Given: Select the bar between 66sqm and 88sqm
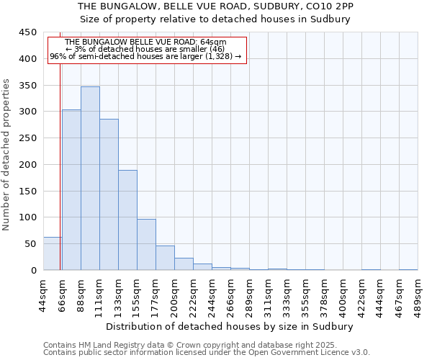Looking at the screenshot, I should (x=71, y=190).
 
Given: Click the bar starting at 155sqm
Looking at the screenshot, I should (x=146, y=245).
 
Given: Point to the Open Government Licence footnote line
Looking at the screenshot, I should (x=207, y=353).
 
